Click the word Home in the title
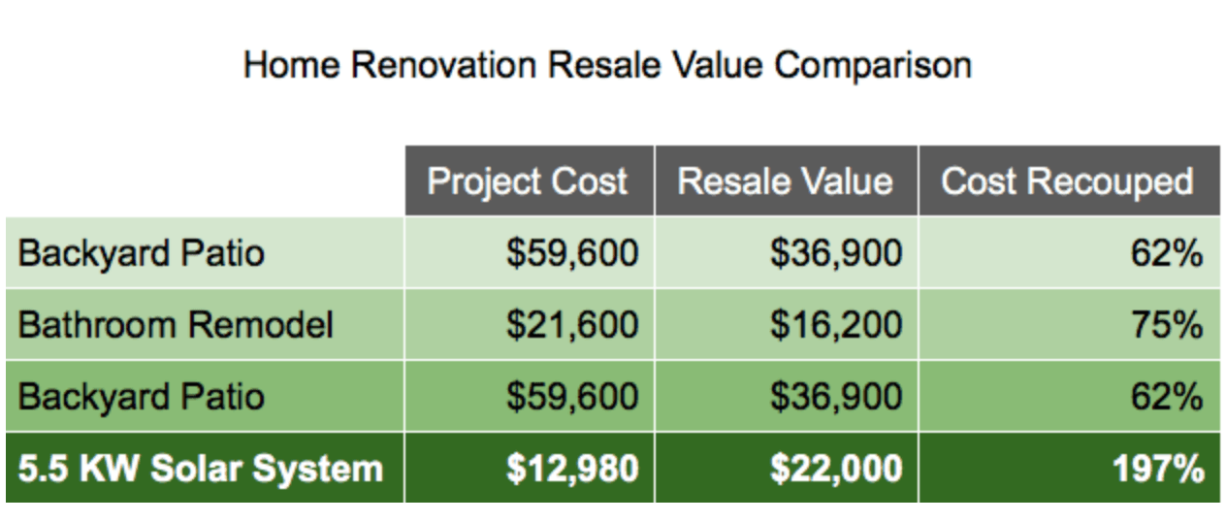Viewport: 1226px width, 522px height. (x=292, y=65)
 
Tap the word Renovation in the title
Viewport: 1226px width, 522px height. (x=444, y=65)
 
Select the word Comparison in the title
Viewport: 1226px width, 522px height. (x=873, y=66)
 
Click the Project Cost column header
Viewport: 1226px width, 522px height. (x=527, y=181)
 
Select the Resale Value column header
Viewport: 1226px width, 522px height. (x=786, y=181)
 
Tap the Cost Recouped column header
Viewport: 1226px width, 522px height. (x=1067, y=181)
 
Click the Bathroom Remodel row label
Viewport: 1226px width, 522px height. (x=176, y=324)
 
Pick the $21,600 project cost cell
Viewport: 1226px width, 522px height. (x=572, y=324)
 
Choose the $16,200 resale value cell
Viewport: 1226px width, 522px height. (x=836, y=324)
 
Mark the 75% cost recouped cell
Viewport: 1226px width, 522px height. (x=1167, y=324)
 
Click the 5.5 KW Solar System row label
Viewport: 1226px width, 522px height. (x=201, y=469)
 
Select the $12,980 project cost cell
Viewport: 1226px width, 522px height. (x=572, y=469)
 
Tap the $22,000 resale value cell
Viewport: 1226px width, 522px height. (x=836, y=469)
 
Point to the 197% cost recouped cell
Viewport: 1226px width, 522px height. (x=1159, y=469)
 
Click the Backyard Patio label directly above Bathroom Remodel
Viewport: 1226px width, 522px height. (x=142, y=253)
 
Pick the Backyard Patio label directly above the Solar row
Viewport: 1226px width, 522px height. (x=142, y=397)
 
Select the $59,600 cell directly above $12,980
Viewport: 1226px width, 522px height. (x=572, y=397)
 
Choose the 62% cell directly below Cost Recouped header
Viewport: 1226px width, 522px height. (x=1167, y=253)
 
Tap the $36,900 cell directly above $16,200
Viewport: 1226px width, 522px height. (x=836, y=253)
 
